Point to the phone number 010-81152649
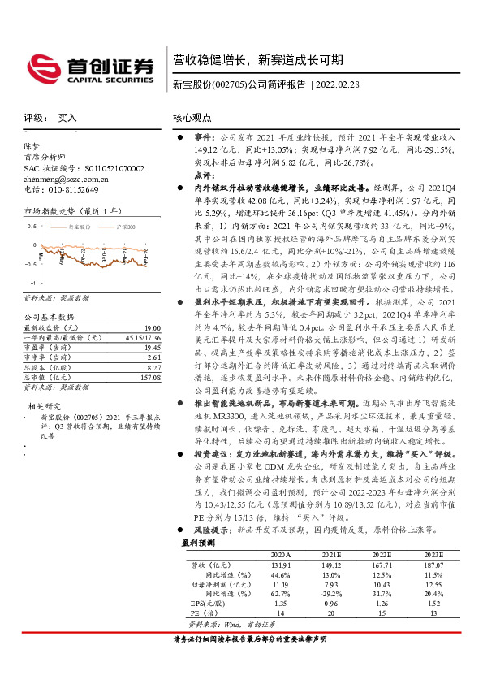pyautogui.click(x=69, y=189)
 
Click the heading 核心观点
pyautogui.click(x=192, y=118)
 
